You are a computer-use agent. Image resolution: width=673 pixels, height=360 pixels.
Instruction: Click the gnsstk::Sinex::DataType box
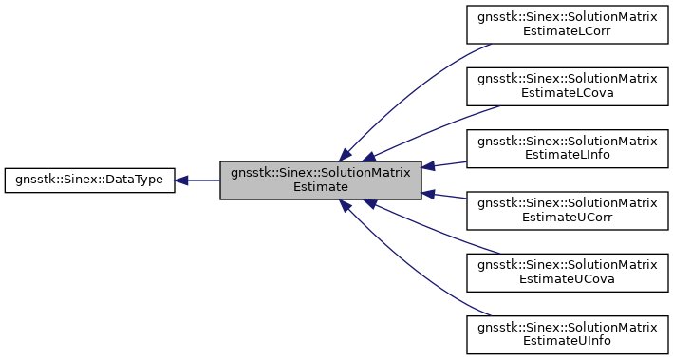point(89,180)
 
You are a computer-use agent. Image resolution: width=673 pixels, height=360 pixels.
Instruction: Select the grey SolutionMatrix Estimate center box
point(320,180)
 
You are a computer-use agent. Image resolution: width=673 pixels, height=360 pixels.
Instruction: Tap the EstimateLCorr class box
point(567,23)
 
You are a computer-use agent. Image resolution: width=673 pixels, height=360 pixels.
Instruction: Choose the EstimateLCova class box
point(567,85)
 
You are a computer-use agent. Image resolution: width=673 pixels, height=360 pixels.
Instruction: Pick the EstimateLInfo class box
point(567,148)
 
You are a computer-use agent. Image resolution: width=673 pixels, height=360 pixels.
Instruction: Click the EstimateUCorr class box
point(567,211)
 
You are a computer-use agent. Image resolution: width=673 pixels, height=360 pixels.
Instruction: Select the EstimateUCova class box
point(567,274)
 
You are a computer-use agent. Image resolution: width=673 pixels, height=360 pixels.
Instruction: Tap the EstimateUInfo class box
point(567,336)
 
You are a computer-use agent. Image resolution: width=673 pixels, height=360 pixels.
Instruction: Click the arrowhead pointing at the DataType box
point(182,180)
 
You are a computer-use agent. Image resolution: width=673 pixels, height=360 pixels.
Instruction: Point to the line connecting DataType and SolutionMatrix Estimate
point(204,180)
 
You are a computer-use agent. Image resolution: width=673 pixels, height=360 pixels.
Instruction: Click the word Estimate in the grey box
point(320,187)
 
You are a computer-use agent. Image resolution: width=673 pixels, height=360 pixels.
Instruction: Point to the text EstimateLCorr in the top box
point(567,30)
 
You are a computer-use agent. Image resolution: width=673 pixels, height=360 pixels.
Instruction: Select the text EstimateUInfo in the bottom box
point(567,344)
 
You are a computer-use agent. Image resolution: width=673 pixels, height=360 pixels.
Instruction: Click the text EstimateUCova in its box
point(567,281)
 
